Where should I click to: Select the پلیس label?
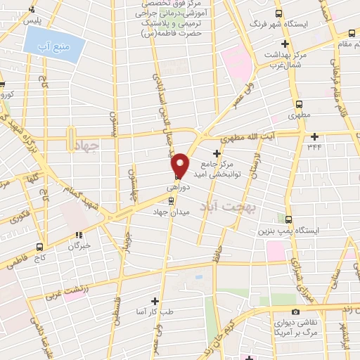click(x=33, y=21)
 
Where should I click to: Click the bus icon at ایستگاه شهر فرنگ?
click(x=279, y=13)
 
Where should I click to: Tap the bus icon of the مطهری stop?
click(x=294, y=100)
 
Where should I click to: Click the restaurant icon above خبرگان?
click(x=79, y=236)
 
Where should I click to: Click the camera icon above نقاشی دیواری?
click(x=295, y=312)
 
